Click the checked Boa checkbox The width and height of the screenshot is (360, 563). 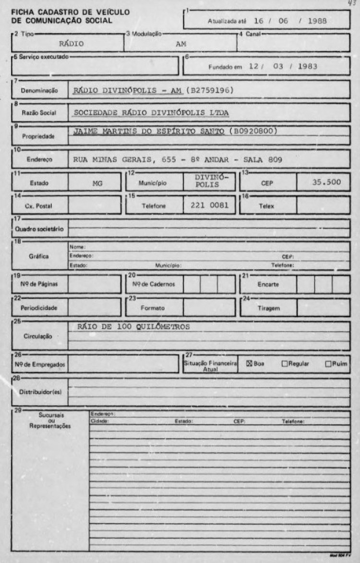[249, 363]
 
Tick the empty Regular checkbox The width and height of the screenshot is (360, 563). [284, 363]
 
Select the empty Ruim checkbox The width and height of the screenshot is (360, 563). [328, 363]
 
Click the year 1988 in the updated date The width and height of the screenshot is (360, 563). [318, 21]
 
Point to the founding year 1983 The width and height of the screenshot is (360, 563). [307, 66]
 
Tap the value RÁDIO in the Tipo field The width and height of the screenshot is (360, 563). [72, 43]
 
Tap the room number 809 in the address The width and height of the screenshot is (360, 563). [273, 159]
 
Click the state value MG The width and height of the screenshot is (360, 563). [97, 183]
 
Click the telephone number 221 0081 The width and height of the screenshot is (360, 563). [210, 205]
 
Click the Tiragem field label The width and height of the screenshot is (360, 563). [268, 308]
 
